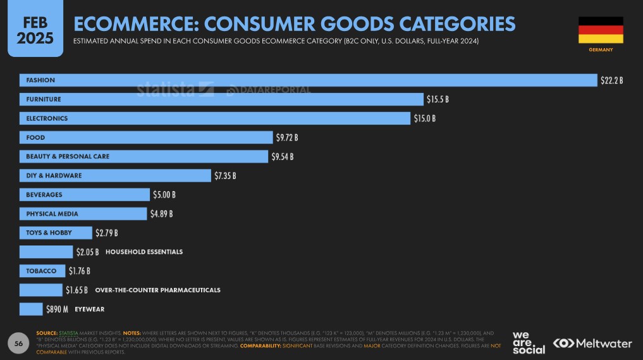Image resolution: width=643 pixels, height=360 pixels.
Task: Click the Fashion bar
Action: click(308, 80)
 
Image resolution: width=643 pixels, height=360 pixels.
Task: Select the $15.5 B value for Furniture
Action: click(437, 99)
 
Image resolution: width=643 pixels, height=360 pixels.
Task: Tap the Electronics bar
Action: click(215, 118)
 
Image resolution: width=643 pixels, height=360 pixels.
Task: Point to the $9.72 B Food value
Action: click(286, 137)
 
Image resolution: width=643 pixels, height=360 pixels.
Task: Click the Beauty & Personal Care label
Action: click(68, 156)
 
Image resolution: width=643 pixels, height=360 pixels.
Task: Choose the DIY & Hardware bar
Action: click(115, 175)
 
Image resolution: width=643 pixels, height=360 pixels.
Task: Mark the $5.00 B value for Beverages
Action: click(164, 194)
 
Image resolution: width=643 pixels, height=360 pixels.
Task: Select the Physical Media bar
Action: click(83, 214)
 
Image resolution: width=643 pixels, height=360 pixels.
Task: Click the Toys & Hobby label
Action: click(49, 233)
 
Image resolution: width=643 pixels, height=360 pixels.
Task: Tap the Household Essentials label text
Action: click(144, 252)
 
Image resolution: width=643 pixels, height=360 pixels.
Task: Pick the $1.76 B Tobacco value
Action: click(79, 271)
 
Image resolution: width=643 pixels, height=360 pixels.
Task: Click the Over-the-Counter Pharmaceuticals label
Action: click(157, 290)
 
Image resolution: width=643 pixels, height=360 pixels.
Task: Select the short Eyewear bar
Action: click(31, 309)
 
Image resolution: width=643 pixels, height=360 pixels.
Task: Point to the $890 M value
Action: click(57, 309)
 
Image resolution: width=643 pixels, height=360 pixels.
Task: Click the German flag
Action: click(601, 30)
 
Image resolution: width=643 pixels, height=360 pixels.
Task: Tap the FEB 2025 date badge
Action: click(35, 30)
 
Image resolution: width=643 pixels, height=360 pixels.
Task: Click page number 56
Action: click(19, 343)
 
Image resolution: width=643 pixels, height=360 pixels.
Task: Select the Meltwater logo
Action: click(592, 343)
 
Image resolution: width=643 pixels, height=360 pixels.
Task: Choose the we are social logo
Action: click(528, 342)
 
